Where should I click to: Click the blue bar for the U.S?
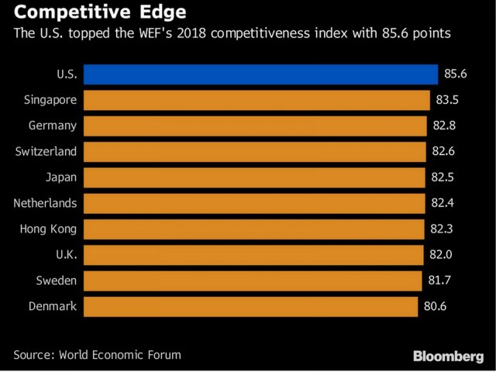[260, 74]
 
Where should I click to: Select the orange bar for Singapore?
[257, 100]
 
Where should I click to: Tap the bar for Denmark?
[250, 306]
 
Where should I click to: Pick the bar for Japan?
[254, 177]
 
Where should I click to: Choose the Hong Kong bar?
[253, 229]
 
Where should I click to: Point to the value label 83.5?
[448, 100]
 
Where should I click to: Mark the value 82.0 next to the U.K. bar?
[443, 254]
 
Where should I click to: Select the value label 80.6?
[436, 306]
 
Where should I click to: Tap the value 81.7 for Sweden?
[439, 281]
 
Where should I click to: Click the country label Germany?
[52, 126]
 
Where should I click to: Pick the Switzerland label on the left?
[46, 152]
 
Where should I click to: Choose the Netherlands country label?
[45, 203]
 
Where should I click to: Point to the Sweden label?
[57, 281]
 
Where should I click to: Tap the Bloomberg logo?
[448, 356]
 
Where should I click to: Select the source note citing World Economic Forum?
[97, 355]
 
